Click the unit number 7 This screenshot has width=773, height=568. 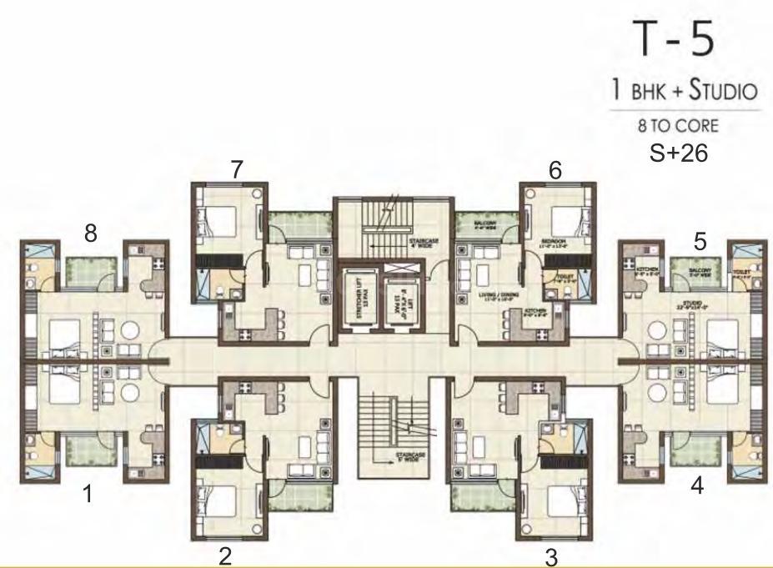(x=238, y=168)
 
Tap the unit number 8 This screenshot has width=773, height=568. (x=89, y=235)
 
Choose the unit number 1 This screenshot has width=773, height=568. (x=87, y=495)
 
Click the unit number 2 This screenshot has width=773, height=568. (x=225, y=556)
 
